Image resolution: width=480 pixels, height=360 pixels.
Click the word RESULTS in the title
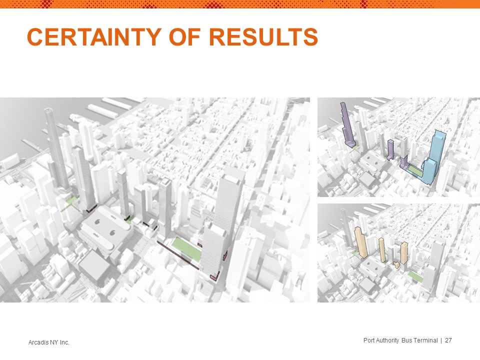point(263,37)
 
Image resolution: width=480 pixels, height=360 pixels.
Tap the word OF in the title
point(185,37)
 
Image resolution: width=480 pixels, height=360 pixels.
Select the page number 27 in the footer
point(448,340)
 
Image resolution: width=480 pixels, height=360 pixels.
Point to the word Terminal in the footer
point(425,340)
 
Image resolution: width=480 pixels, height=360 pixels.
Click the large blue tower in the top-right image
point(434,157)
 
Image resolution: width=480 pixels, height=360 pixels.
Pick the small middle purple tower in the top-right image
point(390,149)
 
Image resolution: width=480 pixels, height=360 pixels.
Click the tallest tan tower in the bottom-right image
point(360,242)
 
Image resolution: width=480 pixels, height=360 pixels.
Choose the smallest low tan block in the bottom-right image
point(396,265)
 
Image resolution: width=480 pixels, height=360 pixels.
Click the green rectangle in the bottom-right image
point(415,276)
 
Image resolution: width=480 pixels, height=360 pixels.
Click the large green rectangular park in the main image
point(186,249)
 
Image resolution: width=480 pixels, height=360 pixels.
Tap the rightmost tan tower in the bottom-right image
point(404,253)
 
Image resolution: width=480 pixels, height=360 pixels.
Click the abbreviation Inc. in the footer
point(64,342)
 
